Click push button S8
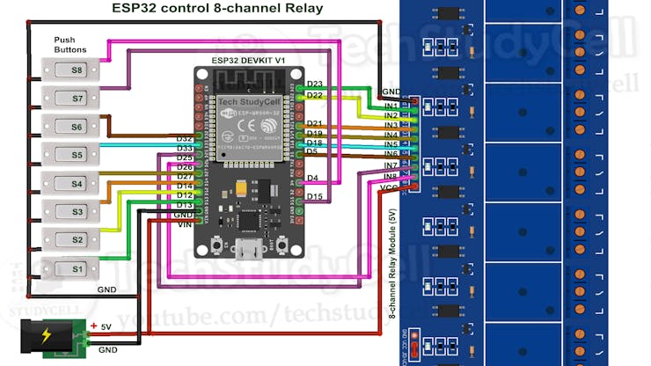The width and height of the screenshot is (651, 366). click(75, 70)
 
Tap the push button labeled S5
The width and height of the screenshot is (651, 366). click(75, 155)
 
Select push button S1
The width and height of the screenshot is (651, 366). click(75, 268)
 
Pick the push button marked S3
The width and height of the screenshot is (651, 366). click(75, 212)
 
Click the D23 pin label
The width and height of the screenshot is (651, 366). click(315, 84)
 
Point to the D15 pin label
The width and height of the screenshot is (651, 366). click(315, 196)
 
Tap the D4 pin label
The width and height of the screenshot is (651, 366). click(312, 179)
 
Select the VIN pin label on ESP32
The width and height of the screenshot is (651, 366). click(184, 225)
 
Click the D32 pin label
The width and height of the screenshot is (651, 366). click(184, 139)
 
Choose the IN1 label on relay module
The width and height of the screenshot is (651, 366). click(391, 106)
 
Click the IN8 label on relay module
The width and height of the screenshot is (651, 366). click(391, 177)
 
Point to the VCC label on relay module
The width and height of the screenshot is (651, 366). click(390, 187)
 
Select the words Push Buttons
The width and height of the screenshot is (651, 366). click(70, 46)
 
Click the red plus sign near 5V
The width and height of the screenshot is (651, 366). click(94, 325)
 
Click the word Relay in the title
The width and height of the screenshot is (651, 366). click(301, 9)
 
